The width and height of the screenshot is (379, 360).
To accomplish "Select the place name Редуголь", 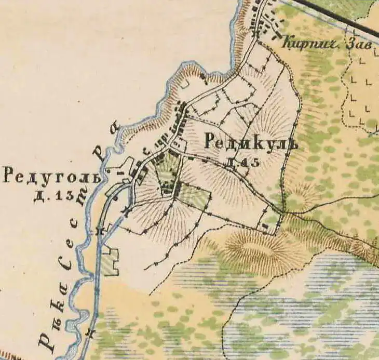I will pos(50,176).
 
